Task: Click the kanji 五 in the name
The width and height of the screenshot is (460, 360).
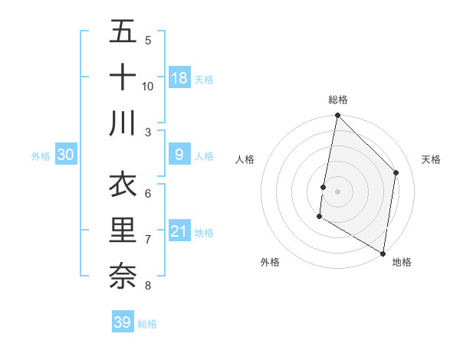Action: point(123,31)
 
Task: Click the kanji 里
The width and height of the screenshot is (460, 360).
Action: point(123,231)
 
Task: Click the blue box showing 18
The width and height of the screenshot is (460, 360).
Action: point(179,78)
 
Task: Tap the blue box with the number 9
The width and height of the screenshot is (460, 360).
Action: point(179,155)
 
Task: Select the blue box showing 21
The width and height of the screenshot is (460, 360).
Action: point(179,232)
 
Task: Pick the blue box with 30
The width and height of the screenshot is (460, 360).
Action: point(66,155)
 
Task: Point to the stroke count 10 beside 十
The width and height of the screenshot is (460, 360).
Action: point(148,86)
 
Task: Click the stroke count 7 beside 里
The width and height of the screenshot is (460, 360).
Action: point(148,240)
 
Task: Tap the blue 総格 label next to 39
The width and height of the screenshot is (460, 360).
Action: point(147,324)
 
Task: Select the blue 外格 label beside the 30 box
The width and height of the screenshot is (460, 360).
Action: point(41,156)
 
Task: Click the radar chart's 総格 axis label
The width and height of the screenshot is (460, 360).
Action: point(338,100)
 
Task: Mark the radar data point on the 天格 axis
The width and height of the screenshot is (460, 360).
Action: point(396,172)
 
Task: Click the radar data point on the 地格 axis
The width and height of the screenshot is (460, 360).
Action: point(383,253)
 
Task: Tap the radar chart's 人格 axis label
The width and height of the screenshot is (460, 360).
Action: point(245,159)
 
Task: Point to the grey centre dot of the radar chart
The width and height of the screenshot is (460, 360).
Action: point(338,191)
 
